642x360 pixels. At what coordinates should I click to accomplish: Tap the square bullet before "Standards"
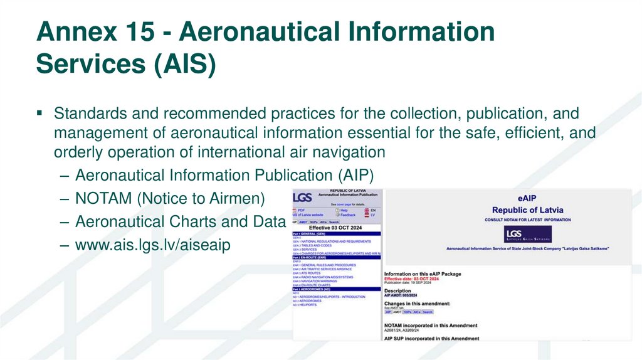[x=39, y=113]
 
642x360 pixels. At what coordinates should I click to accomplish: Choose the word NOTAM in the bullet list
[x=101, y=198]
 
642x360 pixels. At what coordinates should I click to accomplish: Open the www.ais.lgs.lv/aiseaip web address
[x=152, y=245]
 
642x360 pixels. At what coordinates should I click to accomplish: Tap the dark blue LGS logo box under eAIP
[x=522, y=235]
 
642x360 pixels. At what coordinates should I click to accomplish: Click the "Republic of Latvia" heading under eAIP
[x=527, y=210]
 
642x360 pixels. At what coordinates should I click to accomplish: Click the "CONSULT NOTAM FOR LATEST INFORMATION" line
[x=527, y=220]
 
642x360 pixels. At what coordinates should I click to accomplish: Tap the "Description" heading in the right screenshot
[x=397, y=291]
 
